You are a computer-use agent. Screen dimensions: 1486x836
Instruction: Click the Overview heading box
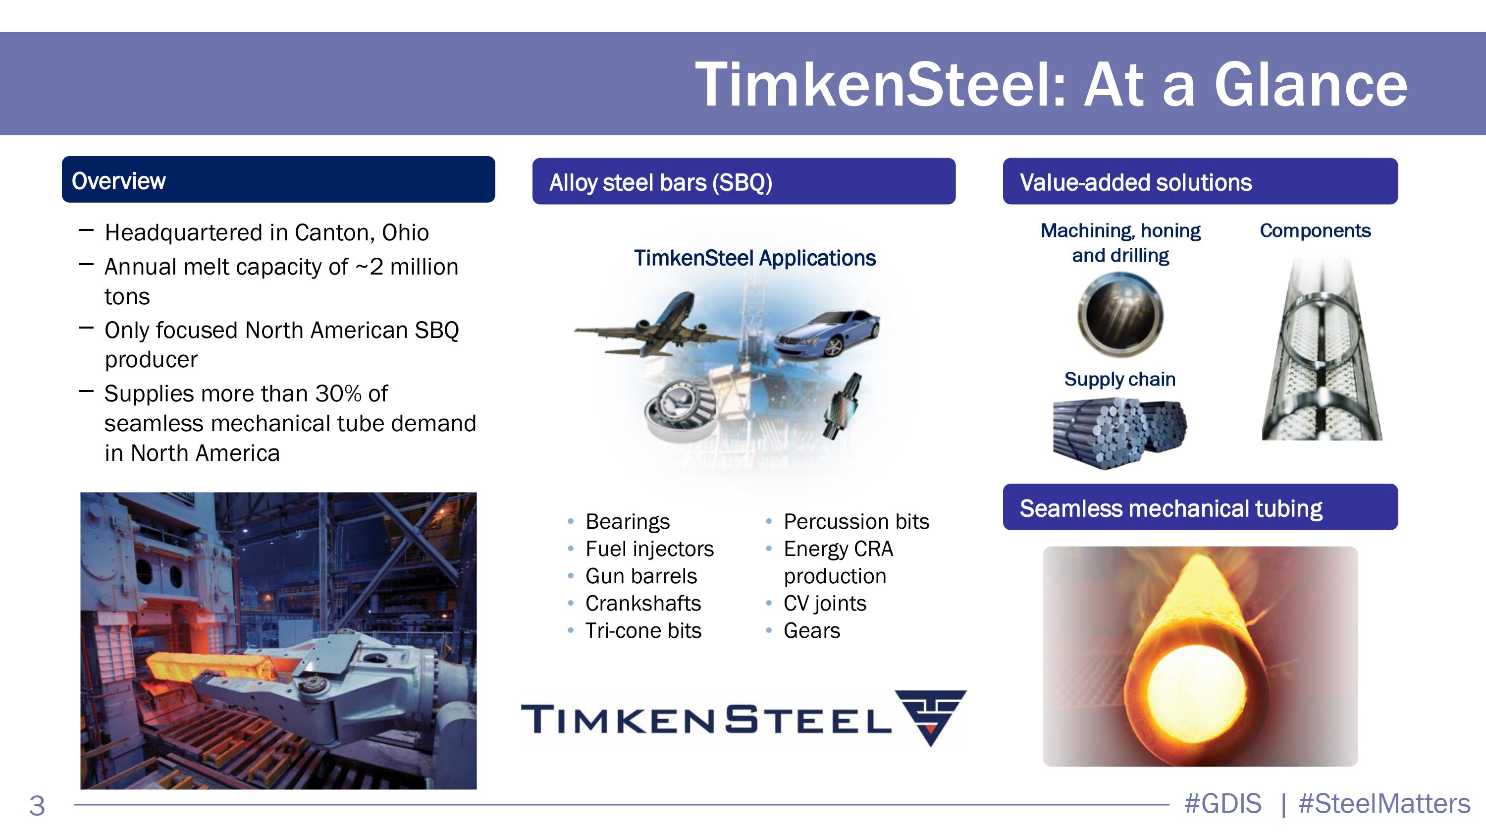[x=278, y=179]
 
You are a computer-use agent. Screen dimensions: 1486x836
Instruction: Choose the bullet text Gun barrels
[x=641, y=576]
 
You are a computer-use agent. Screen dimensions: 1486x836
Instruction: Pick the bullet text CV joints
[x=825, y=604]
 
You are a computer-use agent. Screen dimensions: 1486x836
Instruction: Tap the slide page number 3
[x=37, y=805]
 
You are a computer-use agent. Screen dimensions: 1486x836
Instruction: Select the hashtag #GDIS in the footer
[x=1223, y=804]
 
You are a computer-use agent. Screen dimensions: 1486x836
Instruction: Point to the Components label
[x=1315, y=231]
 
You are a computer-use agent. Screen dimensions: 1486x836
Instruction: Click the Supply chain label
[x=1119, y=379]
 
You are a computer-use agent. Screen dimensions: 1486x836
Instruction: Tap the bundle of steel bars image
[x=1119, y=434]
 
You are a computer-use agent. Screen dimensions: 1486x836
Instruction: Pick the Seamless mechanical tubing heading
[x=1170, y=508]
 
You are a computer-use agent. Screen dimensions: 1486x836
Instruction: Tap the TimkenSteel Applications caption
[x=754, y=258]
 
